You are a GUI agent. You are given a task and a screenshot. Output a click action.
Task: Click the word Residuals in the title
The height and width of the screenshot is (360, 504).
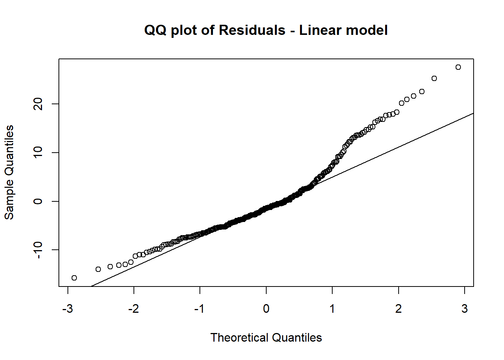pyautogui.click(x=252, y=30)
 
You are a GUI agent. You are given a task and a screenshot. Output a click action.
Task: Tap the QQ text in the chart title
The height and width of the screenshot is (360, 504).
pyautogui.click(x=155, y=30)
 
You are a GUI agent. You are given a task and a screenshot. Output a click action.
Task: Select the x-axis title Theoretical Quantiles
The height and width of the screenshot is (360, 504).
pyautogui.click(x=266, y=337)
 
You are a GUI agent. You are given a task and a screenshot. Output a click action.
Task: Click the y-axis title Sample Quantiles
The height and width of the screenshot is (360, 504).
pyautogui.click(x=9, y=172)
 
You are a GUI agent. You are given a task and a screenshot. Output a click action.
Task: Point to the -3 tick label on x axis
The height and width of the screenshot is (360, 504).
pyautogui.click(x=67, y=309)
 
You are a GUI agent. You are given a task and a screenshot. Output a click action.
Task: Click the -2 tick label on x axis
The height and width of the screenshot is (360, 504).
pyautogui.click(x=133, y=309)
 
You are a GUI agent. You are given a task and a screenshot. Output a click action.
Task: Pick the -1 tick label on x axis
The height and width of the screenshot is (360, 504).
pyautogui.click(x=199, y=309)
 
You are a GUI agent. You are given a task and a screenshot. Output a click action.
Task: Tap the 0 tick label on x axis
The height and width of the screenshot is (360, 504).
pyautogui.click(x=266, y=309)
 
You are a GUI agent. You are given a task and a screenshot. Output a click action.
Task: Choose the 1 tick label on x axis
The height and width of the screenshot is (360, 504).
pyautogui.click(x=332, y=309)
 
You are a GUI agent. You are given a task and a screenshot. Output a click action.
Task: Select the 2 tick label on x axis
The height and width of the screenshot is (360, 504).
pyautogui.click(x=398, y=309)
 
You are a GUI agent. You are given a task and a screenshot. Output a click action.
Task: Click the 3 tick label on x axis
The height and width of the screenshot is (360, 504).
pyautogui.click(x=465, y=309)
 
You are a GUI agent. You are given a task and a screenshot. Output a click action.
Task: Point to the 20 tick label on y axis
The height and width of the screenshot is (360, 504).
pyautogui.click(x=38, y=104)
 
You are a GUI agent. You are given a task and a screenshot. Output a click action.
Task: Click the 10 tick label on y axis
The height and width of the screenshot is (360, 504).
pyautogui.click(x=38, y=153)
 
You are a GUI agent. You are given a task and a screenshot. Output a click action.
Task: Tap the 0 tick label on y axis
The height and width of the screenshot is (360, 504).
pyautogui.click(x=38, y=201)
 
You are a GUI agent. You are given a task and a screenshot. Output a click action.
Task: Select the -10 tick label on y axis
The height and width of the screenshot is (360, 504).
pyautogui.click(x=38, y=250)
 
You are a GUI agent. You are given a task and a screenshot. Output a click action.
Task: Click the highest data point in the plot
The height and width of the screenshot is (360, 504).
pyautogui.click(x=458, y=67)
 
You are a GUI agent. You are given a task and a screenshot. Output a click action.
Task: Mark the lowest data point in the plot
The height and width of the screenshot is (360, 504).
pyautogui.click(x=74, y=278)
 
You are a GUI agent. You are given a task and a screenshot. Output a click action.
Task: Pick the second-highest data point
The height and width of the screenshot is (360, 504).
pyautogui.click(x=434, y=78)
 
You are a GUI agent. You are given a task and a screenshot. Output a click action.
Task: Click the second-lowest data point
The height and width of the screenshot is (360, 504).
pyautogui.click(x=98, y=269)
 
